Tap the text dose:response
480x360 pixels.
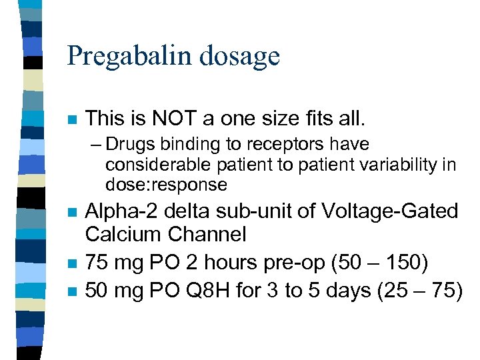pyautogui.click(x=166, y=184)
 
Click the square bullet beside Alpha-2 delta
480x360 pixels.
pyautogui.click(x=71, y=214)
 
